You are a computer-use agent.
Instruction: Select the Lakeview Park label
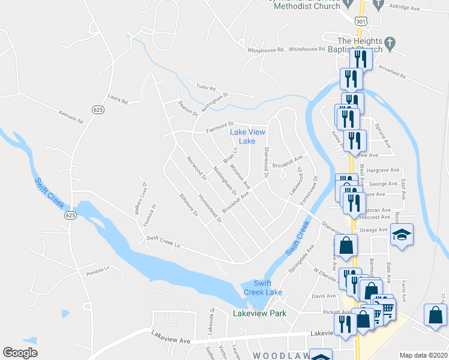(259, 313)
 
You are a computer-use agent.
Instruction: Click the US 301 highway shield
(360, 20)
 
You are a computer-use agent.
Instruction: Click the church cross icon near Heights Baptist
(390, 43)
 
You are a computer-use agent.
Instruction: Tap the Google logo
(20, 353)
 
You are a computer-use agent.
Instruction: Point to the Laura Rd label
(118, 98)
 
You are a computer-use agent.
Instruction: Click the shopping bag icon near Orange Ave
(346, 245)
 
